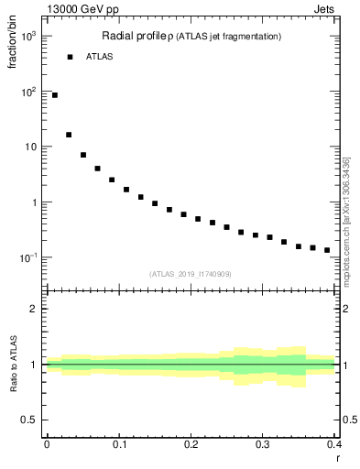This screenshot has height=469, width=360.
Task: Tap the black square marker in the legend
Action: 70,57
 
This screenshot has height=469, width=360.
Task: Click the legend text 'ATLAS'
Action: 99,57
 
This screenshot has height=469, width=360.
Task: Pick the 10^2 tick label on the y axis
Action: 28,92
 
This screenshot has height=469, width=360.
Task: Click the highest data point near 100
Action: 55,95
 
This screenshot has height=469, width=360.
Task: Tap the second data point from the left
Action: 69,135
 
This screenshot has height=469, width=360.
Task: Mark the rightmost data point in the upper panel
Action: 327,250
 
